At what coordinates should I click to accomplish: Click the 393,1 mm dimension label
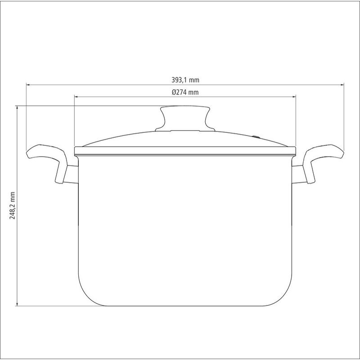point(185,80)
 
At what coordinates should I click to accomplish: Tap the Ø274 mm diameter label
point(185,92)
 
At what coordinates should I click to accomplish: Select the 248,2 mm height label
point(12,206)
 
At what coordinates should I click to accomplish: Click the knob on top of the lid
point(185,118)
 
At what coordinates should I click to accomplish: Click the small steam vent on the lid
point(256,137)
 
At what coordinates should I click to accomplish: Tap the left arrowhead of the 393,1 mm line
point(28,85)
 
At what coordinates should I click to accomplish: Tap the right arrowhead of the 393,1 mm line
point(342,85)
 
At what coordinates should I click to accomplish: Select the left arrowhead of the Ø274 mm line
point(76,97)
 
